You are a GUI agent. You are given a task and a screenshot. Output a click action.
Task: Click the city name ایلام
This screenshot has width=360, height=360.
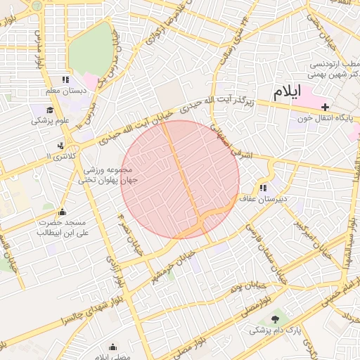288,91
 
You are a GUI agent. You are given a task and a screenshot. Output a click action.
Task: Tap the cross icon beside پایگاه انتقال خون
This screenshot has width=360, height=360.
324,108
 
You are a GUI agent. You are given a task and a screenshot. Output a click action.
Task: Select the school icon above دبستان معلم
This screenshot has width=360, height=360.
65,80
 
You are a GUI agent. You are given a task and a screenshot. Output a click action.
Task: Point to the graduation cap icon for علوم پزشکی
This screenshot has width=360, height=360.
50,110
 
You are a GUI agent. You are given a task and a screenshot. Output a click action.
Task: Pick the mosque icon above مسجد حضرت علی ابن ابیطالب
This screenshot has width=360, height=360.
62,212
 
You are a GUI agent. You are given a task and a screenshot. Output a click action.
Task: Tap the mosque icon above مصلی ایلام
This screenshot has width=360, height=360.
113,347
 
